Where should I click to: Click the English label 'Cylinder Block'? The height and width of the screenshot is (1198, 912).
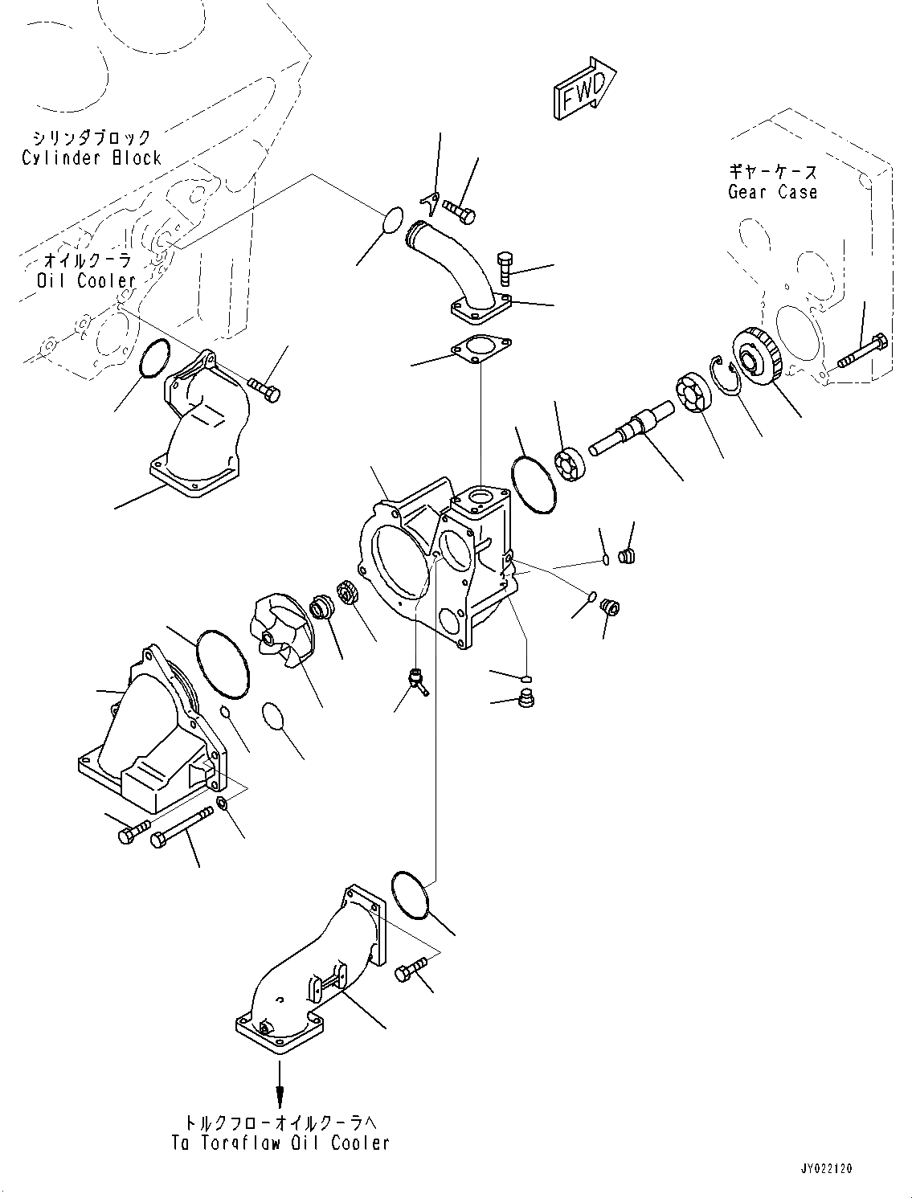point(92,158)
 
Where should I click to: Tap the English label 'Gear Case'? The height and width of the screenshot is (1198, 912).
point(772,192)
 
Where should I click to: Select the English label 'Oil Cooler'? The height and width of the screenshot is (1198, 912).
point(87,280)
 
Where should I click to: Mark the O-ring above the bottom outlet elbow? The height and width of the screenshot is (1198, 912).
point(411,894)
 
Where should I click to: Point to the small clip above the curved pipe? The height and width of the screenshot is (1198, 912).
point(430,204)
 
